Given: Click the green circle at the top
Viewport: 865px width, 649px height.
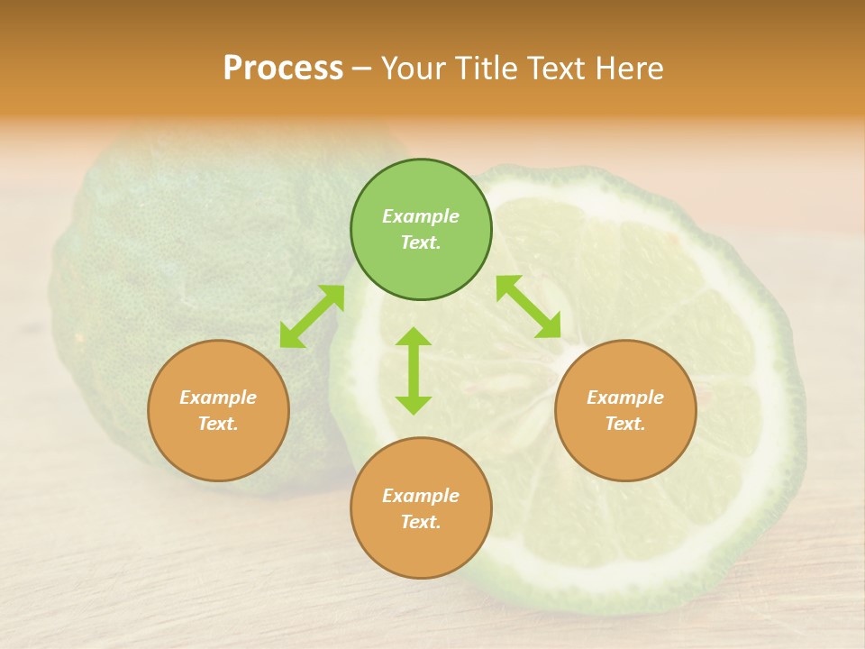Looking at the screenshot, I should (x=421, y=230).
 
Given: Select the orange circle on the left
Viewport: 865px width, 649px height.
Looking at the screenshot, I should (x=218, y=411).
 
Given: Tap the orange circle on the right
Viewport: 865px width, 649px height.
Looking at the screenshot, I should (x=625, y=411).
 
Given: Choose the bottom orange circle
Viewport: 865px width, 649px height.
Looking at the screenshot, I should (x=421, y=508).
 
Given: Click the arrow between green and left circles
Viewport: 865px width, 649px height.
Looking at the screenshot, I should (x=312, y=316).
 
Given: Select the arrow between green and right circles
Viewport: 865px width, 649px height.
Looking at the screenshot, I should (x=529, y=306).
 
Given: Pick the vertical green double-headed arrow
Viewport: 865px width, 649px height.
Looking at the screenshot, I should (x=414, y=370).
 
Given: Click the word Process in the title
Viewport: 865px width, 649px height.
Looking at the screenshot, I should (x=283, y=69).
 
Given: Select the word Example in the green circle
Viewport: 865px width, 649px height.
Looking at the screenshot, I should (x=421, y=216).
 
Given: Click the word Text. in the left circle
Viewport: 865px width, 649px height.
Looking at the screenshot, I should (x=218, y=424).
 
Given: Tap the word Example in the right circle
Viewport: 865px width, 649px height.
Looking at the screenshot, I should (x=625, y=398).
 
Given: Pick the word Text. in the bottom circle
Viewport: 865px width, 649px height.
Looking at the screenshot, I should (x=421, y=522).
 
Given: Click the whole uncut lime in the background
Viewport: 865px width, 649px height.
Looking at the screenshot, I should (x=180, y=270).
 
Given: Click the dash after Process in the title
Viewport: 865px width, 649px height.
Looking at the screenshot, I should (x=362, y=69).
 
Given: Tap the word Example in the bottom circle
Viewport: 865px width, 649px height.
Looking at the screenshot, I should (x=421, y=496).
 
